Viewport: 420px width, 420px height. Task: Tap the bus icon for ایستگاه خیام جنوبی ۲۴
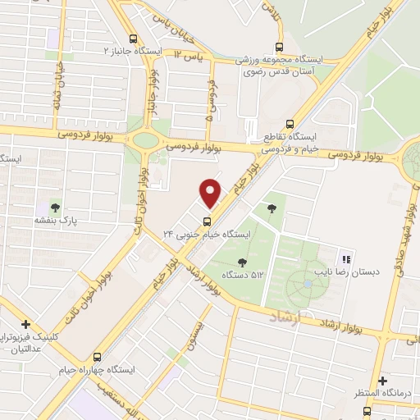click(206, 219)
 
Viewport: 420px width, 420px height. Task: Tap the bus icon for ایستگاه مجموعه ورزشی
click(280, 48)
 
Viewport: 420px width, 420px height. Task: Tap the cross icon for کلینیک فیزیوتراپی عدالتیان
click(26, 324)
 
